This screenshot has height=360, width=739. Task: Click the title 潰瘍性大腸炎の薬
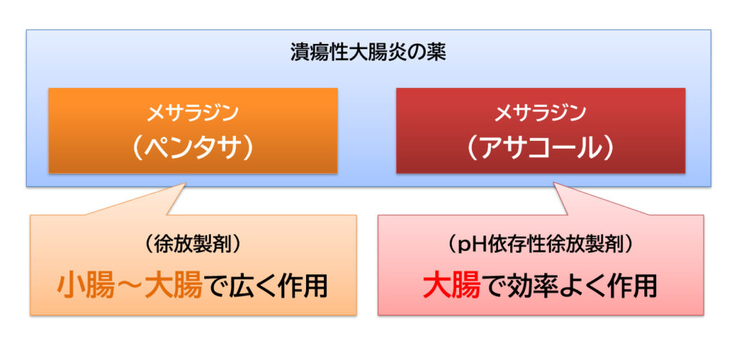[x=368, y=53]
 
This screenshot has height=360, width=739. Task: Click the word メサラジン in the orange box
[x=193, y=113]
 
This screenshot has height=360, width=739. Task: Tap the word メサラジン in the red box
[x=541, y=113]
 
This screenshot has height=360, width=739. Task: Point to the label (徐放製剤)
[x=193, y=244]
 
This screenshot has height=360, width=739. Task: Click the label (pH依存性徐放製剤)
[x=541, y=244]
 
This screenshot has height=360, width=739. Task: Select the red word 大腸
[x=452, y=286]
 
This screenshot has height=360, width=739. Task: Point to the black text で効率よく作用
[x=569, y=286]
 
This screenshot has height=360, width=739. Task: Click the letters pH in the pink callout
[x=471, y=245]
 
